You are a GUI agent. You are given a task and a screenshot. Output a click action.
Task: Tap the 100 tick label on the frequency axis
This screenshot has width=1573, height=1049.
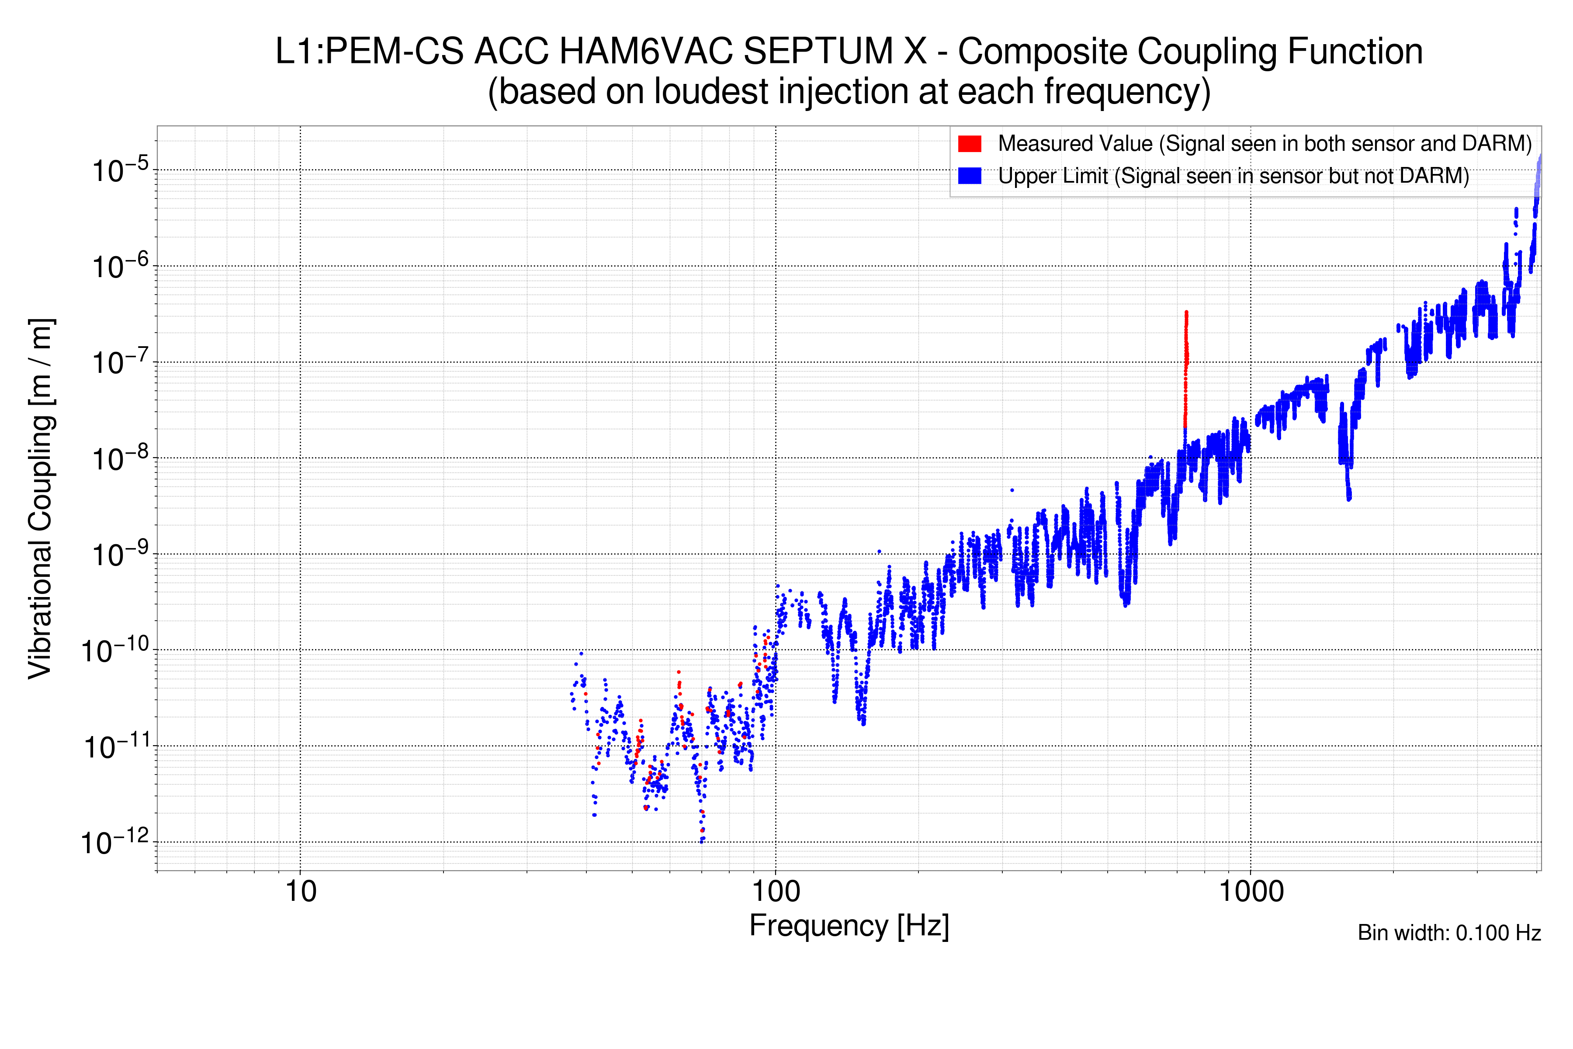click(x=776, y=892)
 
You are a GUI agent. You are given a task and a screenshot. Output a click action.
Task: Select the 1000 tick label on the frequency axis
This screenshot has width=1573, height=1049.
click(x=1251, y=892)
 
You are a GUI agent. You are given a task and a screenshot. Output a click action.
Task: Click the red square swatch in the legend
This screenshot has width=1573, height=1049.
click(x=969, y=144)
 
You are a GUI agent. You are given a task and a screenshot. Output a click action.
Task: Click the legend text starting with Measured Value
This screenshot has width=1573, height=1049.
click(x=1264, y=144)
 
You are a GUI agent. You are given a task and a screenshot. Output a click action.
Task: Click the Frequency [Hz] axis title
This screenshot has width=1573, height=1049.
click(x=849, y=926)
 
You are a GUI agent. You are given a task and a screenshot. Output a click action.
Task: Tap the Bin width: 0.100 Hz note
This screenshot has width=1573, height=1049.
click(x=1448, y=933)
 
